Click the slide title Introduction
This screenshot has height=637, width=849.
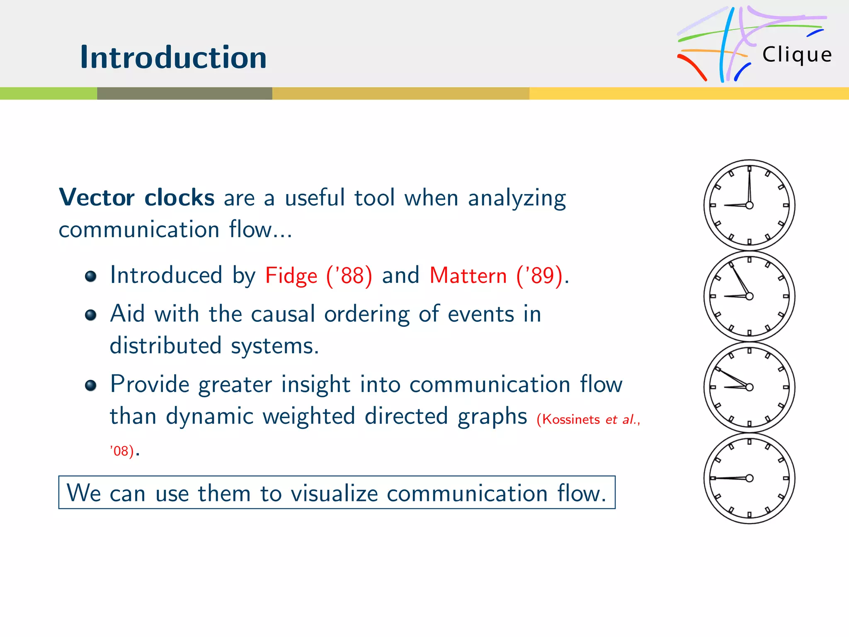click(173, 57)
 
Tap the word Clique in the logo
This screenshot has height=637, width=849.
click(797, 55)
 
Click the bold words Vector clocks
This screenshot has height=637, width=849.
click(137, 197)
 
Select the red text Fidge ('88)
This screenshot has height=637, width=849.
click(318, 275)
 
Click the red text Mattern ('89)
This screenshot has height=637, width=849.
click(496, 275)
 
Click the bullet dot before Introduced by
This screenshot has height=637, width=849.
click(91, 276)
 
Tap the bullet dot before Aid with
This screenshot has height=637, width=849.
click(91, 315)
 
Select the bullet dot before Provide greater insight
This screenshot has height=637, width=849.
click(91, 386)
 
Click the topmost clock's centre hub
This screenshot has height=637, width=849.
click(749, 205)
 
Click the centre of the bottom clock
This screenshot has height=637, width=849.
click(749, 478)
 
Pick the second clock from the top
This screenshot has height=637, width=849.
click(749, 296)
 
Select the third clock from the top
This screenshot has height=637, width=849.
click(749, 387)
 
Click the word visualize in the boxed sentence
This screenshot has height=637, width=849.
click(334, 494)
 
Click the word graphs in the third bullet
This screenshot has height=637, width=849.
click(492, 416)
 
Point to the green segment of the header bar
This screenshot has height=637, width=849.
click(48, 93)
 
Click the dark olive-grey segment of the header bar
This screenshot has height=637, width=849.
click(184, 93)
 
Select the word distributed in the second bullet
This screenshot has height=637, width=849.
click(165, 346)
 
